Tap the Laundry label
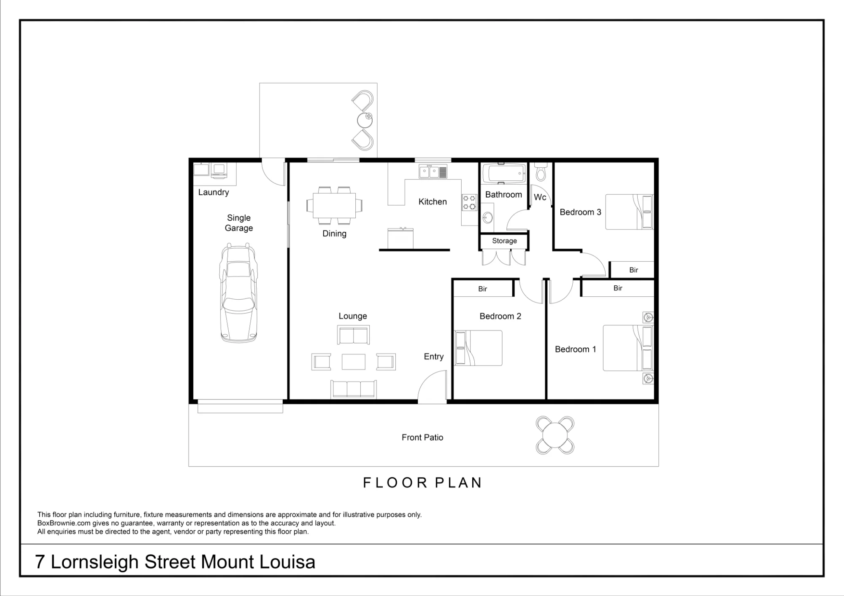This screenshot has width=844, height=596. [x=214, y=192]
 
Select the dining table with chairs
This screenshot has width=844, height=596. [x=334, y=205]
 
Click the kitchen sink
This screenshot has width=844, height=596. [x=433, y=172]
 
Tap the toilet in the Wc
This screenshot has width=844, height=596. [x=541, y=172]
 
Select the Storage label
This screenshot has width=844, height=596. [x=504, y=241]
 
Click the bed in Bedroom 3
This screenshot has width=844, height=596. [x=629, y=212]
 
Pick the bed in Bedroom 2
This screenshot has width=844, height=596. [x=479, y=348]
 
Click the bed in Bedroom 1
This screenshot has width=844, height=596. [x=628, y=348]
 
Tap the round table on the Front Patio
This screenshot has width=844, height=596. [x=555, y=435]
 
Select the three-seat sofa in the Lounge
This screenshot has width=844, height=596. [x=354, y=389]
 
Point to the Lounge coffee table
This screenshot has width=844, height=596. [x=354, y=362]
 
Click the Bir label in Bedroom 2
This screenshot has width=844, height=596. [x=482, y=289]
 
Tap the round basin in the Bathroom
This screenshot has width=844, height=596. [x=488, y=217]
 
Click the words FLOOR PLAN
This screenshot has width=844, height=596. [x=422, y=483]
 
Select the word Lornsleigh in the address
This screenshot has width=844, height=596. [x=95, y=562]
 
